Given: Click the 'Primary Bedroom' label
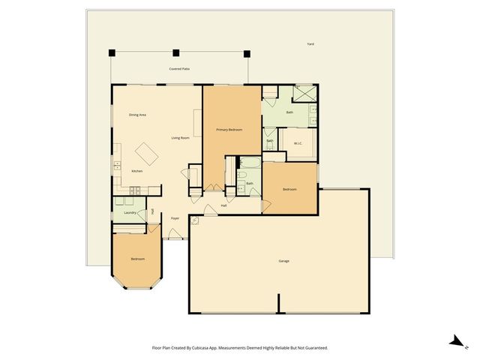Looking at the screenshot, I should click(229, 130).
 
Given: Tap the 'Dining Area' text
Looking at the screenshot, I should click(137, 115).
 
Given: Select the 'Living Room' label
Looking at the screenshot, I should click(180, 138).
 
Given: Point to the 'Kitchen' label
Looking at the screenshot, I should click(137, 171).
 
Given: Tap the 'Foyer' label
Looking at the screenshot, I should click(175, 218).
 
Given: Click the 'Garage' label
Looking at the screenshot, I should click(284, 261).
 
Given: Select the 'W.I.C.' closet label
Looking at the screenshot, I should click(298, 144).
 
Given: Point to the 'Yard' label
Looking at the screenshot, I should click(310, 44).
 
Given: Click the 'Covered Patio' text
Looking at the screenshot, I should click(178, 69).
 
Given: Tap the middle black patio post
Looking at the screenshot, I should click(176, 52).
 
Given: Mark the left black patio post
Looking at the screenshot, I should click(112, 52).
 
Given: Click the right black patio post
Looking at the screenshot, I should click(246, 52).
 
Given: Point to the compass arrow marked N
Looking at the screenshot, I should click(454, 341).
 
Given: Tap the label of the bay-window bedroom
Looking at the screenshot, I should click(137, 259).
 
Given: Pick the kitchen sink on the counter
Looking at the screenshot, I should click(117, 164).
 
